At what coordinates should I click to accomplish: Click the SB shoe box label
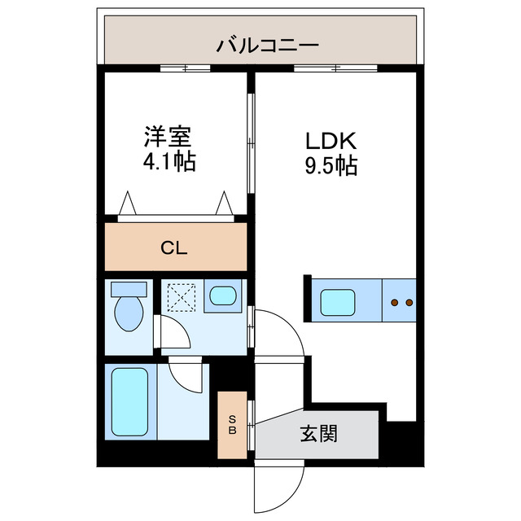(232, 425)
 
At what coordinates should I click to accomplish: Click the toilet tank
(129, 288)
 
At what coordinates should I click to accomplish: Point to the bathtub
(129, 401)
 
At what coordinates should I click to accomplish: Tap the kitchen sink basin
(336, 303)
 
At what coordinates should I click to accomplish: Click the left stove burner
(395, 303)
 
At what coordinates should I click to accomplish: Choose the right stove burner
(409, 303)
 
